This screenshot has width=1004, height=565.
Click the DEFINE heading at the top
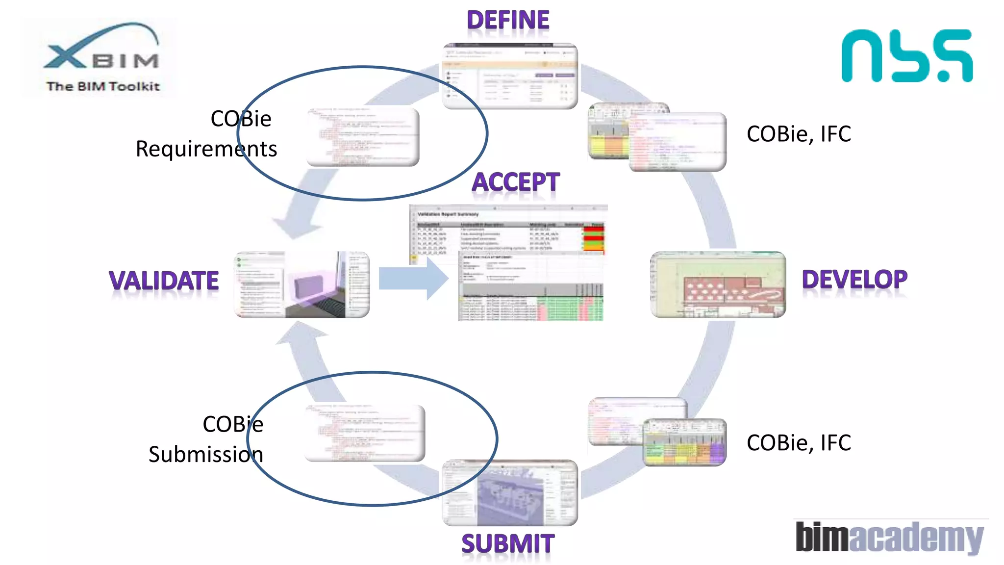click(x=508, y=21)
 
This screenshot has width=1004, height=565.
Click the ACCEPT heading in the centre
click(x=515, y=182)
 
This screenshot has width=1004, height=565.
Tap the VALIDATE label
click(x=164, y=281)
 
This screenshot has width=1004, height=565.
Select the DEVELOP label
click(x=854, y=280)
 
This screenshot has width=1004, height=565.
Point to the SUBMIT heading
click(x=508, y=544)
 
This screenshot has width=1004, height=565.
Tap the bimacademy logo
click(x=889, y=537)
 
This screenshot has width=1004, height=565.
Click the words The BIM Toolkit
click(x=103, y=86)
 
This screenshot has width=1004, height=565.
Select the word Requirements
click(x=206, y=149)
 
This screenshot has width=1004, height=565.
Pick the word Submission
click(x=206, y=454)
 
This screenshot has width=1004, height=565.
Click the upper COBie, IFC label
click(x=799, y=134)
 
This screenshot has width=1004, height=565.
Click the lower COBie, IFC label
click(x=799, y=443)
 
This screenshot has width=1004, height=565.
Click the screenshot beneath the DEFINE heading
click(x=510, y=76)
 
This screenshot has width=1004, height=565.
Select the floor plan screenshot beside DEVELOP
click(x=718, y=284)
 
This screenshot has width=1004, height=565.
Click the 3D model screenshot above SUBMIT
click(x=510, y=493)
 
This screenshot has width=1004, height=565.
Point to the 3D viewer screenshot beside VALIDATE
click(x=302, y=284)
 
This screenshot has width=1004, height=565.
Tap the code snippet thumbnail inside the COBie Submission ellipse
click(x=365, y=433)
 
